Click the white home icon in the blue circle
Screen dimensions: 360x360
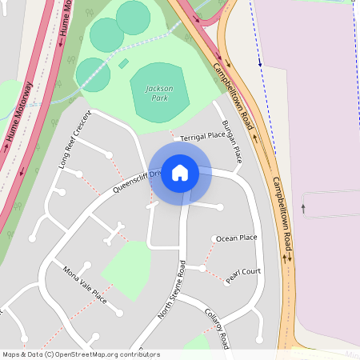180,173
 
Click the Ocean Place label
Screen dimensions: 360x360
237,238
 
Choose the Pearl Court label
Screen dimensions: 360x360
243,271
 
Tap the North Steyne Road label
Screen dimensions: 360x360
171,290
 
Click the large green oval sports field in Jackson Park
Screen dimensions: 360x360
160,92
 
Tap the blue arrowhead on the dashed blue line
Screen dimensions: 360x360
260,62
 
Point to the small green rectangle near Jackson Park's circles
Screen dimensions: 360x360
124,63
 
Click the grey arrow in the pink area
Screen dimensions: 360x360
303,208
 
